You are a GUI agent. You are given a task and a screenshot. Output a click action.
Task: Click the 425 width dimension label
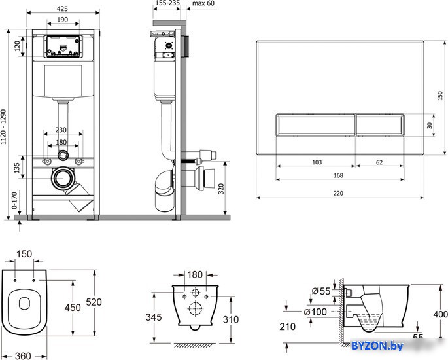pyautogui.click(x=62, y=9)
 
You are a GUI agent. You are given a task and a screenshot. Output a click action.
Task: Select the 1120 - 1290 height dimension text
pyautogui.click(x=3, y=127)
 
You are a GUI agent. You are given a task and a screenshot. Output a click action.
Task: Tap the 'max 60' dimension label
pyautogui.click(x=203, y=3)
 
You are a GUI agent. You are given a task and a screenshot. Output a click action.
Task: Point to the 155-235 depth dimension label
pyautogui.click(x=167, y=3)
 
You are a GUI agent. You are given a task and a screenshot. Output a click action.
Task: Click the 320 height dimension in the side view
pyautogui.click(x=221, y=189)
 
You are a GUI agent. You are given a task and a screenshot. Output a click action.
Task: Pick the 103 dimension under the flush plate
pyautogui.click(x=317, y=162)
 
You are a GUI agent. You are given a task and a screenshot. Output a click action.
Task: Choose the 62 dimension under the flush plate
pyautogui.click(x=379, y=162)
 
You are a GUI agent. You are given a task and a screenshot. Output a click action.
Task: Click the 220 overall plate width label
pyautogui.click(x=338, y=193)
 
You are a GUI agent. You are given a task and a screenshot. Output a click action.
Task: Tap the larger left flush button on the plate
pyautogui.click(x=316, y=125)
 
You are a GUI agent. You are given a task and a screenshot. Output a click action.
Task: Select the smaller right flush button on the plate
pyautogui.click(x=380, y=125)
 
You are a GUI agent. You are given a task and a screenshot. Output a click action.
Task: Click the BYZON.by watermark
pyautogui.click(x=377, y=346)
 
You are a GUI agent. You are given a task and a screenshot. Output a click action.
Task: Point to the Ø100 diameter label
pyautogui.click(x=315, y=312)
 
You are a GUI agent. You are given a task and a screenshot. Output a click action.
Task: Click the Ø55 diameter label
pyautogui.click(x=321, y=291)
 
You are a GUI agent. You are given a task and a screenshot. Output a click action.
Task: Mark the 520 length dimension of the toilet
pyautogui.click(x=94, y=302)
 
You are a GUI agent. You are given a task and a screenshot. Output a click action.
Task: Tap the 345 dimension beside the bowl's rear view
pyautogui.click(x=154, y=317)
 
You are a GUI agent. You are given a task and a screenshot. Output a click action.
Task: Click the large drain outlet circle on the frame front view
pyautogui.click(x=63, y=178)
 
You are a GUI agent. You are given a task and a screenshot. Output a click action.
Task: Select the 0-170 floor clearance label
pyautogui.click(x=14, y=200)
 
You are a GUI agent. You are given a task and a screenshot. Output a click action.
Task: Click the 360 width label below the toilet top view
pyautogui.click(x=23, y=356)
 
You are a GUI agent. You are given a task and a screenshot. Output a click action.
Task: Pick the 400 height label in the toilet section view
pyautogui.click(x=440, y=315)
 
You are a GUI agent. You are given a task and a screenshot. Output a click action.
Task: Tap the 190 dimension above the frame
pyautogui.click(x=62, y=20)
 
